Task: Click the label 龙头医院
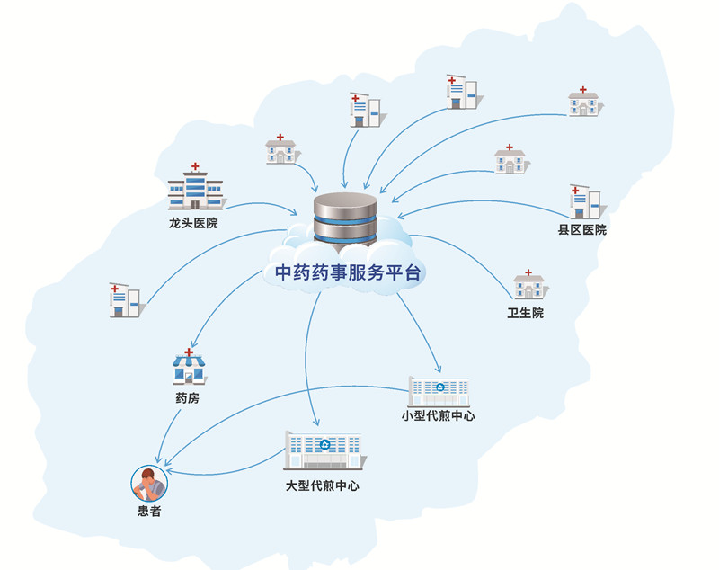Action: (x=193, y=222)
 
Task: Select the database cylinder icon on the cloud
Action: (x=344, y=217)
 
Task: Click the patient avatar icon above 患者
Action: (x=149, y=484)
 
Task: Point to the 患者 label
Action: (x=149, y=512)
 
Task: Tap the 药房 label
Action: (x=188, y=396)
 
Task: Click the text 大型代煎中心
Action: (x=323, y=485)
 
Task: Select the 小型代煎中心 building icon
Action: (x=439, y=389)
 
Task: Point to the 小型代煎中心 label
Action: (x=439, y=416)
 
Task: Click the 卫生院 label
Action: (x=526, y=314)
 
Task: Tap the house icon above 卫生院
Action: (x=528, y=285)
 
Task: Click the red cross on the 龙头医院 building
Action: (x=194, y=167)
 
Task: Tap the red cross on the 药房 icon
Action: (x=189, y=352)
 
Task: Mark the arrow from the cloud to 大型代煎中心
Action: (x=308, y=360)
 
